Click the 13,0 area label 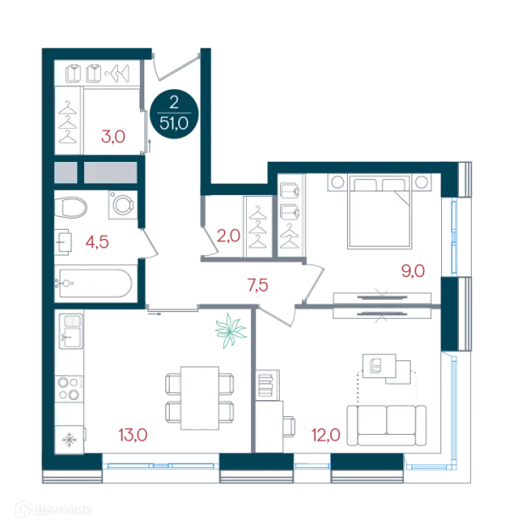pyautogui.click(x=133, y=435)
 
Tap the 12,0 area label pyautogui.click(x=326, y=435)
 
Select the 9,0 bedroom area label pyautogui.click(x=413, y=270)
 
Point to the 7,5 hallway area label pyautogui.click(x=258, y=286)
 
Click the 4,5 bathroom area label pyautogui.click(x=97, y=242)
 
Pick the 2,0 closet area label pyautogui.click(x=228, y=236)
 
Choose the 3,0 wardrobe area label pyautogui.click(x=114, y=136)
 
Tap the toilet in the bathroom pyautogui.click(x=70, y=207)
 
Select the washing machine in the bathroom pyautogui.click(x=123, y=205)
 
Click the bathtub pyautogui.click(x=95, y=283)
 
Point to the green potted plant pyautogui.click(x=231, y=331)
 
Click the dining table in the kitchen pyautogui.click(x=200, y=398)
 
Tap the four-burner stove pyautogui.click(x=70, y=389)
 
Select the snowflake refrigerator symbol pyautogui.click(x=70, y=440)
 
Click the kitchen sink pyautogui.click(x=70, y=331)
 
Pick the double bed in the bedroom pyautogui.click(x=379, y=212)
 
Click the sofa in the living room pyautogui.click(x=387, y=425)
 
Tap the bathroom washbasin pyautogui.click(x=64, y=242)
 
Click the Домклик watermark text pyautogui.click(x=63, y=510)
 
